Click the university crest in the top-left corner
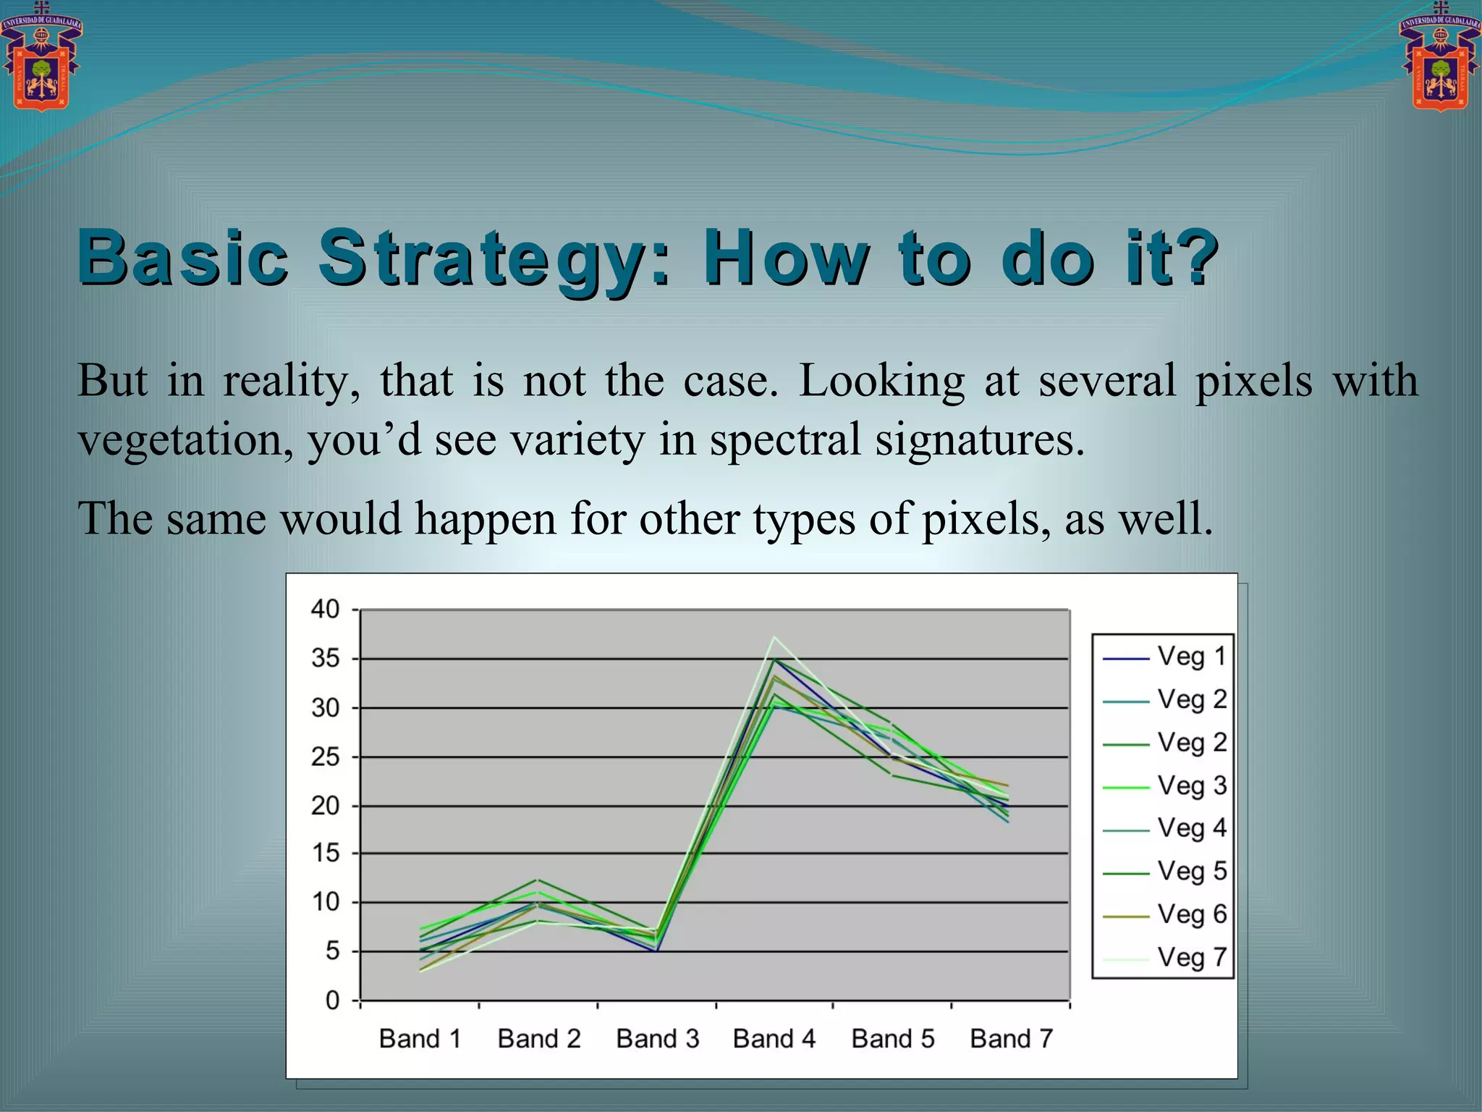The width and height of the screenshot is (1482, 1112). point(41,58)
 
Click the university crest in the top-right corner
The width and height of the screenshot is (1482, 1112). point(1440,58)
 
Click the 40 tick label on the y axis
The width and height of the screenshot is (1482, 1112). point(325,610)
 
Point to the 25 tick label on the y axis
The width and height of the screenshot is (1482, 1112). point(325,757)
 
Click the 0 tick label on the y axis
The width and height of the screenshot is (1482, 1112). point(332,1001)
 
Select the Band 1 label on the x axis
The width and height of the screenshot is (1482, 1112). point(420,1039)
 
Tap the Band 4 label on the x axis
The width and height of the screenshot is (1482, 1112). point(774,1039)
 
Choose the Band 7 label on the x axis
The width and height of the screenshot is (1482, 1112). point(1011,1039)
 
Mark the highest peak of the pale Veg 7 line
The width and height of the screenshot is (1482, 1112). point(774,637)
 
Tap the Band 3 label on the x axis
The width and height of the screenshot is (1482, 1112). point(657,1039)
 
